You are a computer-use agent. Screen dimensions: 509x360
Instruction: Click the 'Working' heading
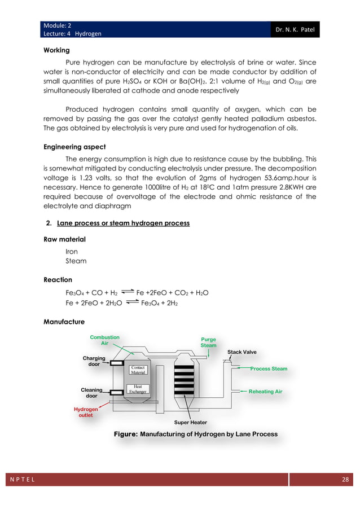56,50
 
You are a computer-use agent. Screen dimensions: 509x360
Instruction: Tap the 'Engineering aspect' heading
73,147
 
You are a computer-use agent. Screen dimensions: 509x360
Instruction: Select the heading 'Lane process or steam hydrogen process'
123,223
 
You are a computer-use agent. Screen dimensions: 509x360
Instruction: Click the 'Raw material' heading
64,239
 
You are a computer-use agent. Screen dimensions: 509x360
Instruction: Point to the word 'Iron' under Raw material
72,251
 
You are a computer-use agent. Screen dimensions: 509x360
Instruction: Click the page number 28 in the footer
345,480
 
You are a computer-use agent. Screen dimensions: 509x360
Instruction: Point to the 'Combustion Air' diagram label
104,340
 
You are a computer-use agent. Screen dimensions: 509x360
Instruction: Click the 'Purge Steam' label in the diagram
208,343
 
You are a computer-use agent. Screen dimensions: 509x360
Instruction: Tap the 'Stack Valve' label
242,352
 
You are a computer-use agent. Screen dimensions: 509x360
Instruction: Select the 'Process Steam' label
269,368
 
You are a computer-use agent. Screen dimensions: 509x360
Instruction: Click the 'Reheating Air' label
265,391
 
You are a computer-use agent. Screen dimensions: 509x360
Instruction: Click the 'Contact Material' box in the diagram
138,370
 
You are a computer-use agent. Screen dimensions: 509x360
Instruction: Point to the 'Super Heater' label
191,422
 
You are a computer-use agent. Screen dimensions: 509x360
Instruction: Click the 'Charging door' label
94,361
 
